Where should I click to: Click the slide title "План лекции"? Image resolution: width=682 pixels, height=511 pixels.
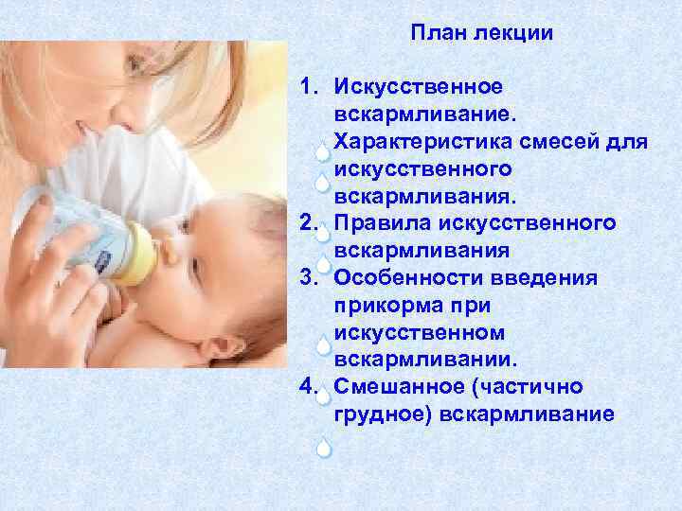pos(482,33)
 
